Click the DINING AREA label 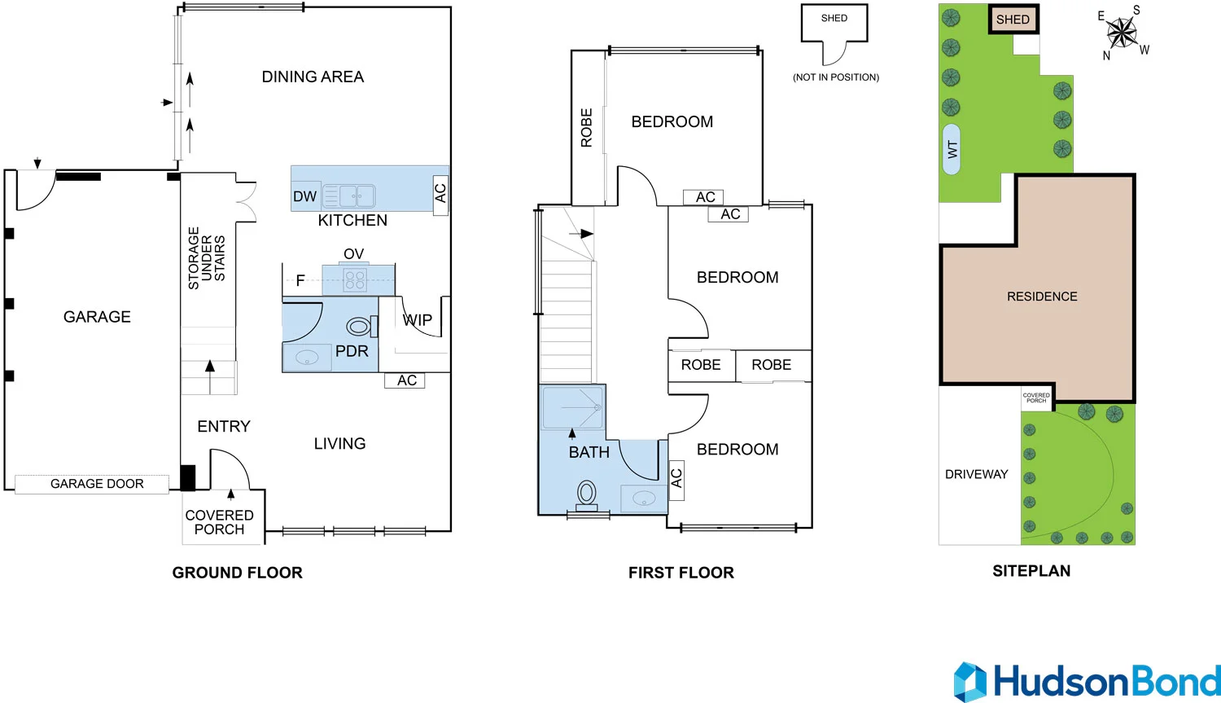[x=313, y=77]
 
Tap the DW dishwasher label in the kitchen [x=304, y=196]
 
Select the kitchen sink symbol [x=349, y=196]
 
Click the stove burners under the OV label [x=355, y=280]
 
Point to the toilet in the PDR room [x=361, y=327]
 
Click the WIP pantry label [x=418, y=320]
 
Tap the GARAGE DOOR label [x=97, y=484]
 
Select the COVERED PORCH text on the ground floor [x=219, y=522]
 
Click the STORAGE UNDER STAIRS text [x=207, y=258]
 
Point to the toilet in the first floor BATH [x=587, y=494]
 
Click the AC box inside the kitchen [x=440, y=194]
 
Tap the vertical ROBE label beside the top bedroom [x=586, y=128]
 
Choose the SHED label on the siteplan [x=1013, y=20]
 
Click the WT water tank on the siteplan [x=952, y=150]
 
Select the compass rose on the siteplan [x=1122, y=33]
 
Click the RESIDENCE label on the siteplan [x=1042, y=297]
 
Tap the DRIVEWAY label [x=976, y=474]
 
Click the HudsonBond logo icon [x=969, y=682]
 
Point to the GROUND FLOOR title [x=237, y=573]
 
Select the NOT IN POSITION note [x=835, y=77]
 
